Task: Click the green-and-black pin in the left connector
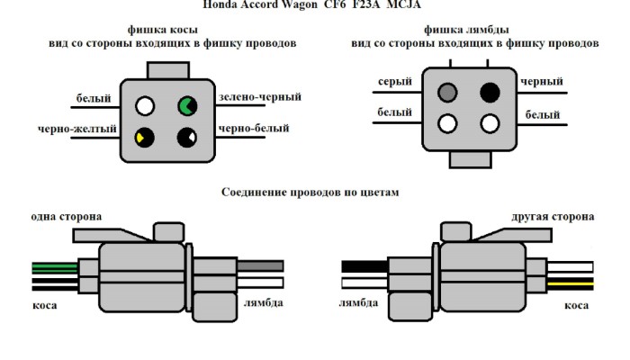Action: click(x=187, y=106)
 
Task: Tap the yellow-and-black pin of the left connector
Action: click(x=144, y=137)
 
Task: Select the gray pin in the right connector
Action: click(x=448, y=92)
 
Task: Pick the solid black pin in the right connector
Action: click(x=490, y=92)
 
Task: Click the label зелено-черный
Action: click(x=259, y=96)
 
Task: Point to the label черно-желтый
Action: click(x=77, y=129)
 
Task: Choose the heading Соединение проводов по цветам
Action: click(x=310, y=192)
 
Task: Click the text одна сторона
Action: click(x=66, y=217)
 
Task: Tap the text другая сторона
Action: click(x=552, y=217)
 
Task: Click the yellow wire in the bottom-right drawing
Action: click(x=571, y=283)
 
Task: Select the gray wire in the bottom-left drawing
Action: click(x=261, y=265)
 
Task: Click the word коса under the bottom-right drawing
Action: click(x=577, y=306)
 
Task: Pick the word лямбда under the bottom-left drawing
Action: click(x=263, y=302)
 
